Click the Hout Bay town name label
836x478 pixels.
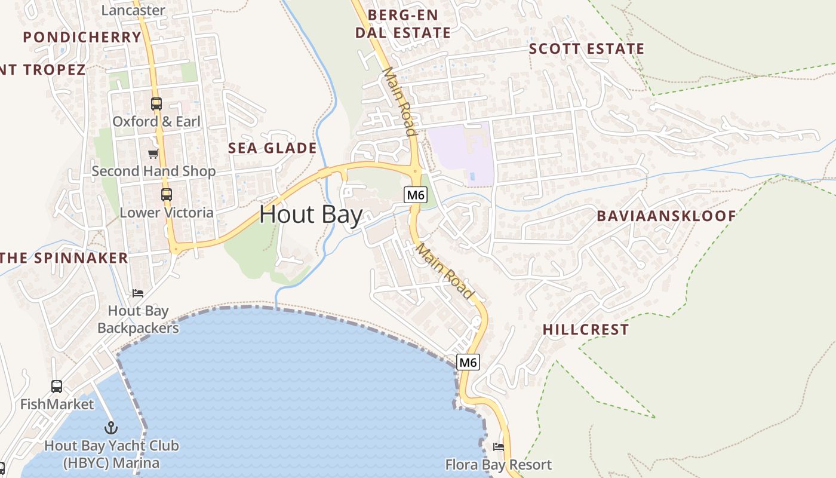[x=311, y=215]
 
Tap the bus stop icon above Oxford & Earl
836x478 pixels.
[x=156, y=104]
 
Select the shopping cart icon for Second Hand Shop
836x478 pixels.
[x=153, y=154]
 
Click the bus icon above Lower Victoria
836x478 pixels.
[x=166, y=195]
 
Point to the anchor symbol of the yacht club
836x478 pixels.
[x=111, y=428]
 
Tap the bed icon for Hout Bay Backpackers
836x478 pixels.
[x=138, y=293]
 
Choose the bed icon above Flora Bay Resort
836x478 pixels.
[x=499, y=447]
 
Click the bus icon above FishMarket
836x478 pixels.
[x=57, y=387]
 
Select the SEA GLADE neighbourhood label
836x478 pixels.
[x=272, y=148]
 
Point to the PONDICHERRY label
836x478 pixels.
[x=82, y=37]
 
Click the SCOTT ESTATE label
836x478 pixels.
[x=586, y=49]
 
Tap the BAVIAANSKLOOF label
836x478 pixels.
[x=666, y=216]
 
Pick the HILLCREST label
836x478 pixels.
[x=585, y=329]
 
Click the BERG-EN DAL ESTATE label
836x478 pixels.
[x=403, y=24]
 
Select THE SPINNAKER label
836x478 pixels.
[x=64, y=258]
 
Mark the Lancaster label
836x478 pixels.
[x=133, y=10]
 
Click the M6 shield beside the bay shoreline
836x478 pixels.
[x=468, y=362]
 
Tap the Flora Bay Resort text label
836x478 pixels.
[x=498, y=464]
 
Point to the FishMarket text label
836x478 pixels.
[x=57, y=405]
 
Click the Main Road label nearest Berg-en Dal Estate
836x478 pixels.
[x=398, y=101]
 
